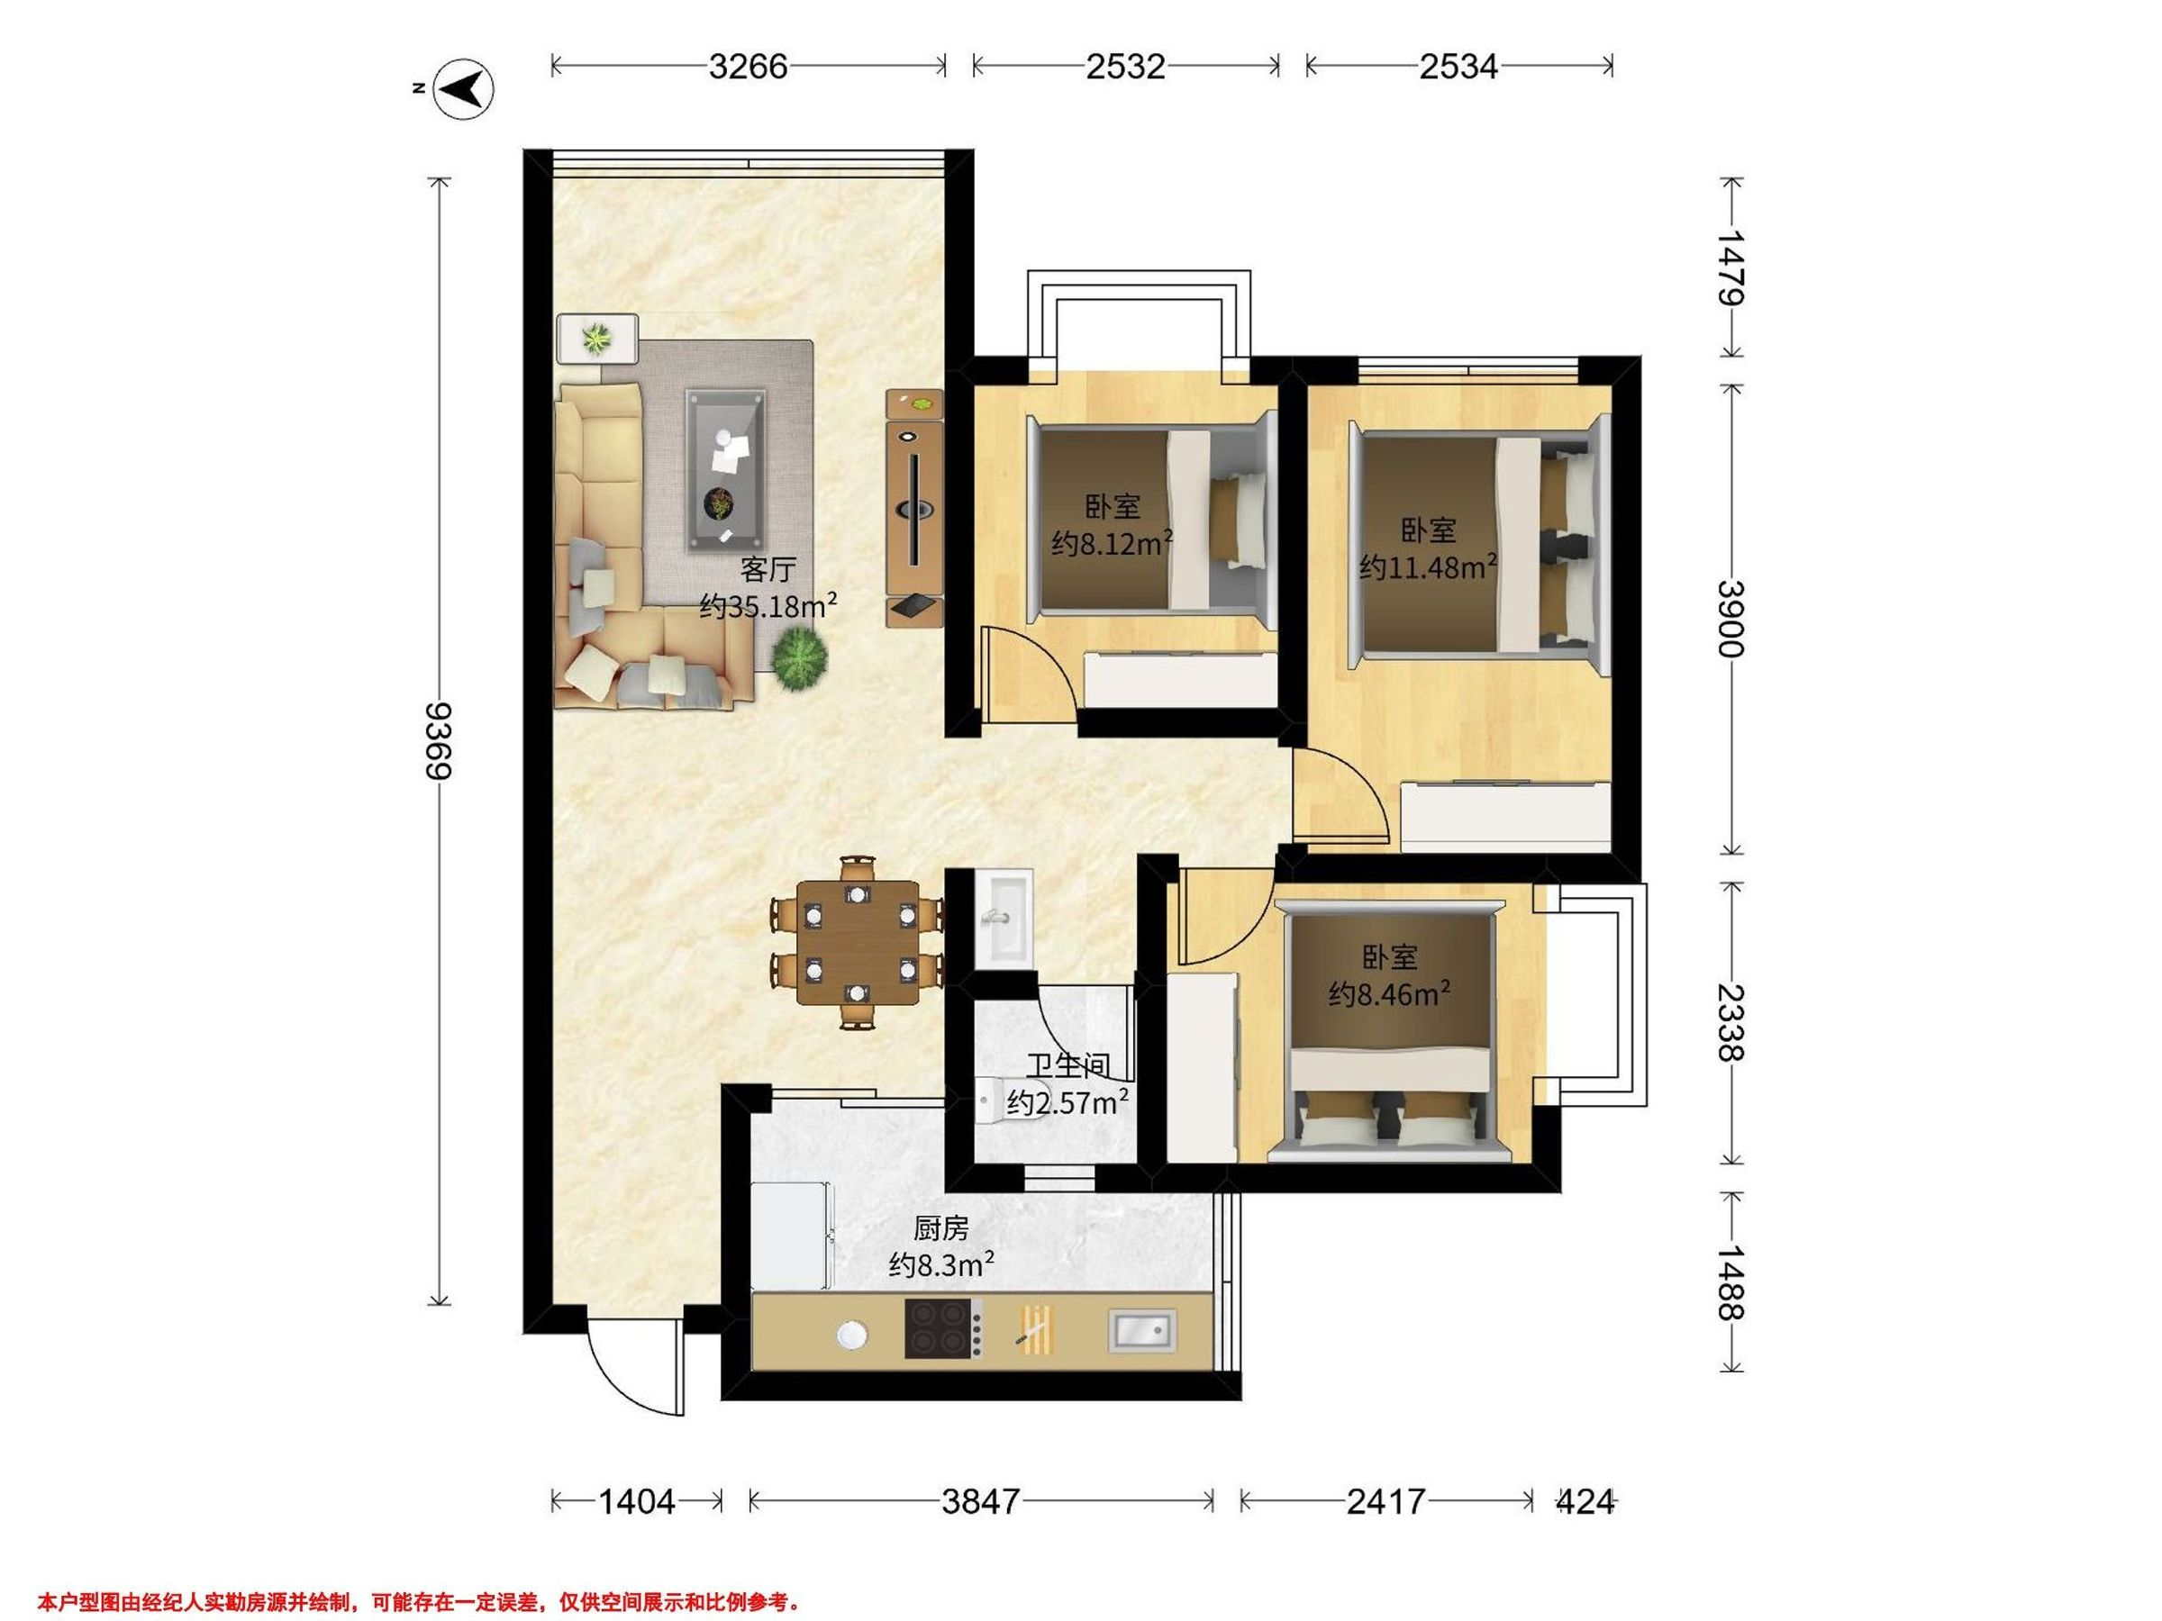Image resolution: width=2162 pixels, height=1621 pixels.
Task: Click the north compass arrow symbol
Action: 463,89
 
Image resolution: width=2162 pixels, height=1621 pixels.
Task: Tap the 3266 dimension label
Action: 748,66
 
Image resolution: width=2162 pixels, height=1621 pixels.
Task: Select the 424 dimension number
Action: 1585,1501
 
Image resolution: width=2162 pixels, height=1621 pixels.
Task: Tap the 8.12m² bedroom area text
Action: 1113,543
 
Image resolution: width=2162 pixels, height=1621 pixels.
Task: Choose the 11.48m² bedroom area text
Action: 1428,566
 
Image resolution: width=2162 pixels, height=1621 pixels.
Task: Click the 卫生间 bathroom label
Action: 1068,1065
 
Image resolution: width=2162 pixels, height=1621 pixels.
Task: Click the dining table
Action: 858,943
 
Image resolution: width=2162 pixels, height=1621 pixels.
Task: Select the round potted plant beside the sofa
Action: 801,660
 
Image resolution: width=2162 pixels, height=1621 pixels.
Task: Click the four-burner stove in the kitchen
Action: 943,1328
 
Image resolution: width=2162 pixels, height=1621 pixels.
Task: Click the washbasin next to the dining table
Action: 1003,918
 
